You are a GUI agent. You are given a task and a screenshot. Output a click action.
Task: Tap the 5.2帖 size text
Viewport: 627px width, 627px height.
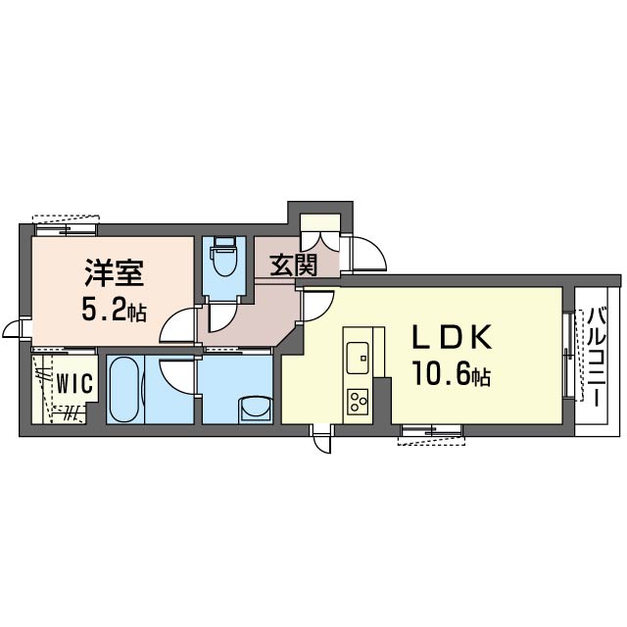point(114,310)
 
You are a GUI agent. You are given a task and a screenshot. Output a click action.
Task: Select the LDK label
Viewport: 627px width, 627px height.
point(453,337)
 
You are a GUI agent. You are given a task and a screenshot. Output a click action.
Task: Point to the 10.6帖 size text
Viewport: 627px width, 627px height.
point(453,374)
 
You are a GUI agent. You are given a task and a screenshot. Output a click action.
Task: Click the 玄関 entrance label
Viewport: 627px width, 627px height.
point(294,265)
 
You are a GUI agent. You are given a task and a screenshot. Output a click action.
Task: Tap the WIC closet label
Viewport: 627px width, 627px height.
point(74,383)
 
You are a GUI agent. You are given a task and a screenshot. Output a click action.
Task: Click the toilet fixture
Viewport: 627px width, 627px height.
point(224,257)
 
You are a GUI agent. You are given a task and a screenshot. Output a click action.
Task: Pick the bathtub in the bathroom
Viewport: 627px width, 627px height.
point(124,389)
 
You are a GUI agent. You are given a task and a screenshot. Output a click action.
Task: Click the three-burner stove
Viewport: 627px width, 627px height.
point(358,402)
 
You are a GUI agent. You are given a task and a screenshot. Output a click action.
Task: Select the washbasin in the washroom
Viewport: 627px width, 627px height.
point(255,409)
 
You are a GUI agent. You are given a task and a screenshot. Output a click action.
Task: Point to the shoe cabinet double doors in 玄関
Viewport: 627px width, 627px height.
point(320,241)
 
